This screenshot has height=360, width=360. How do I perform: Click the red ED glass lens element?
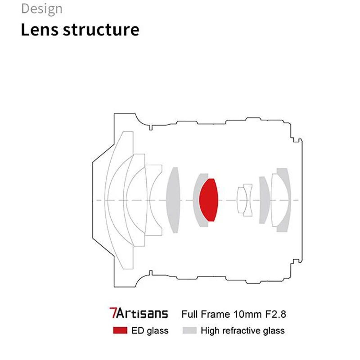[x=208, y=199]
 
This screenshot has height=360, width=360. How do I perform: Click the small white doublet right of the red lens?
[x=245, y=199]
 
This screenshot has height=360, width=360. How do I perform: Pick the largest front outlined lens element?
[x=115, y=199]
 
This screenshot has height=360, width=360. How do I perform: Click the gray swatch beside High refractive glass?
[x=189, y=331]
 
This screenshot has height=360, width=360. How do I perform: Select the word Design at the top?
[x=42, y=9]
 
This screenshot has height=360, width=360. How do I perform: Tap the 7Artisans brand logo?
[x=138, y=313]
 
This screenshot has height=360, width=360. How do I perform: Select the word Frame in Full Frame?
[x=212, y=313]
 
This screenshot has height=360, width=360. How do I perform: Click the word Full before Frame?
[x=189, y=313]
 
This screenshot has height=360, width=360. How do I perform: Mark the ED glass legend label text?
[x=150, y=331]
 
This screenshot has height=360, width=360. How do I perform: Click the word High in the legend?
[x=210, y=331]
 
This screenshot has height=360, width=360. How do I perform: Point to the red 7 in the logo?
[x=112, y=313]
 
